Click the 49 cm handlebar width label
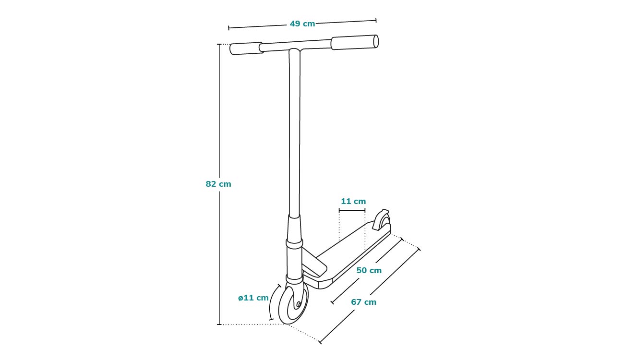point(302,24)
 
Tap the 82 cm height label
point(218,184)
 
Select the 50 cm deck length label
point(369,270)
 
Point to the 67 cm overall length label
point(363,302)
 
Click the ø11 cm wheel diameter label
point(253,298)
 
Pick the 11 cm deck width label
point(353,201)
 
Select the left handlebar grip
point(246,48)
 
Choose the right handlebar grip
point(355,42)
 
